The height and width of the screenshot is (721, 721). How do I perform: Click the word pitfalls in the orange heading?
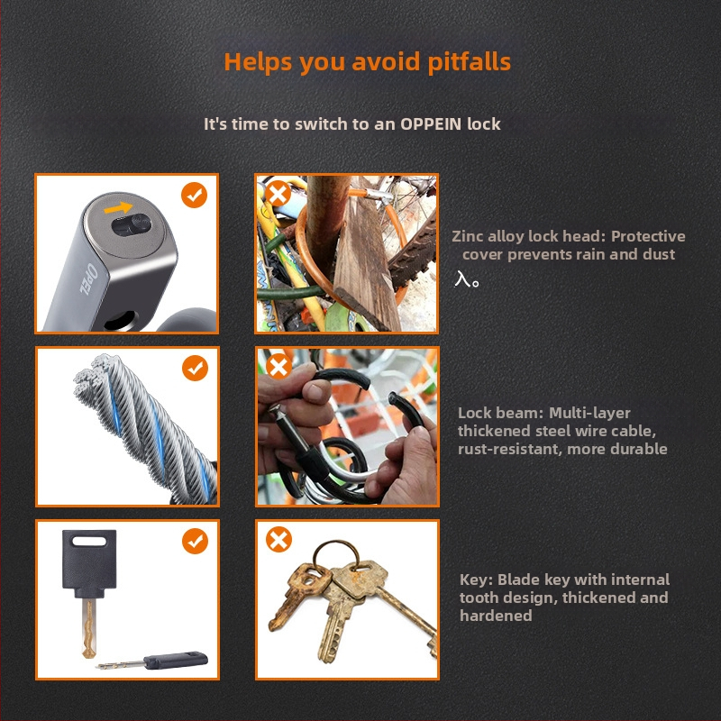pos(469,63)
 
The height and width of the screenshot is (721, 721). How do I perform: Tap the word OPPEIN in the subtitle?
pos(431,124)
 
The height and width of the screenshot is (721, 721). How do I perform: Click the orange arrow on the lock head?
pos(118,208)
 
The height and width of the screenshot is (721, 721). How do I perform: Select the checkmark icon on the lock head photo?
pos(194,195)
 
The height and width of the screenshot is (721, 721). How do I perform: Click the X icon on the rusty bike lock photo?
pos(278,194)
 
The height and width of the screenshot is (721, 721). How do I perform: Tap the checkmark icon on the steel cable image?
pos(195,368)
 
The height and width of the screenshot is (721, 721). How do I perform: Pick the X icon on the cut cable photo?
pos(278,367)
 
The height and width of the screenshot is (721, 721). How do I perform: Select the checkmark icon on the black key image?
pos(195,541)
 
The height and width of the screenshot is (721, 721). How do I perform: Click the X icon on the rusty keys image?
pos(278,539)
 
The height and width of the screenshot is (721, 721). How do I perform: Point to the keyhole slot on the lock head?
pos(132,224)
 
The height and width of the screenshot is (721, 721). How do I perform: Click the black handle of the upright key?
pos(89,564)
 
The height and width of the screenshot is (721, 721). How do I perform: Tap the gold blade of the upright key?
pos(88,628)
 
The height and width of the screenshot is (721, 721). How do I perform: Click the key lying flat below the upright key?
pos(152,662)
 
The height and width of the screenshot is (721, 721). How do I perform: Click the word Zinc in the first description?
pos(468,236)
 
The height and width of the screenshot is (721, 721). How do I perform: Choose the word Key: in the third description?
pos(476,580)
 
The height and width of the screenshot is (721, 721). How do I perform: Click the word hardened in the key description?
pos(496,616)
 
